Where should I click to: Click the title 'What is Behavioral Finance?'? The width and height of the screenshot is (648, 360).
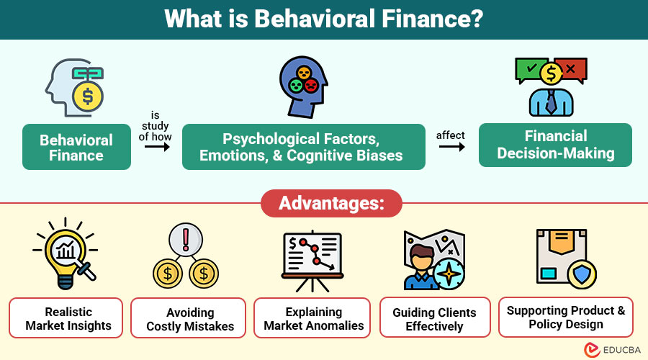[x=324, y=19]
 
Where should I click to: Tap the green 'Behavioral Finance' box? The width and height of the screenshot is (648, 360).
[x=76, y=147]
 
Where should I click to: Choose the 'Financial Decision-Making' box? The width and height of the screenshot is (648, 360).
[x=555, y=145]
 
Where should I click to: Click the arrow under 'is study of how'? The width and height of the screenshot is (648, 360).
[x=157, y=147]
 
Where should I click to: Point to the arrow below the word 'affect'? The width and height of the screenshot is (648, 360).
[x=451, y=147]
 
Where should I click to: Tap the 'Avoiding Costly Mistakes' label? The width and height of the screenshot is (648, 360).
[x=190, y=319]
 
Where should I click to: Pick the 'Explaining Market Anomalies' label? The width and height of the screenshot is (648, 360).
[x=313, y=319]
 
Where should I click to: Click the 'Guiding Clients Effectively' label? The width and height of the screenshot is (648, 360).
[x=434, y=319]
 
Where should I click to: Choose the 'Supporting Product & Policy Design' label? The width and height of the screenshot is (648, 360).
[x=566, y=318]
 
